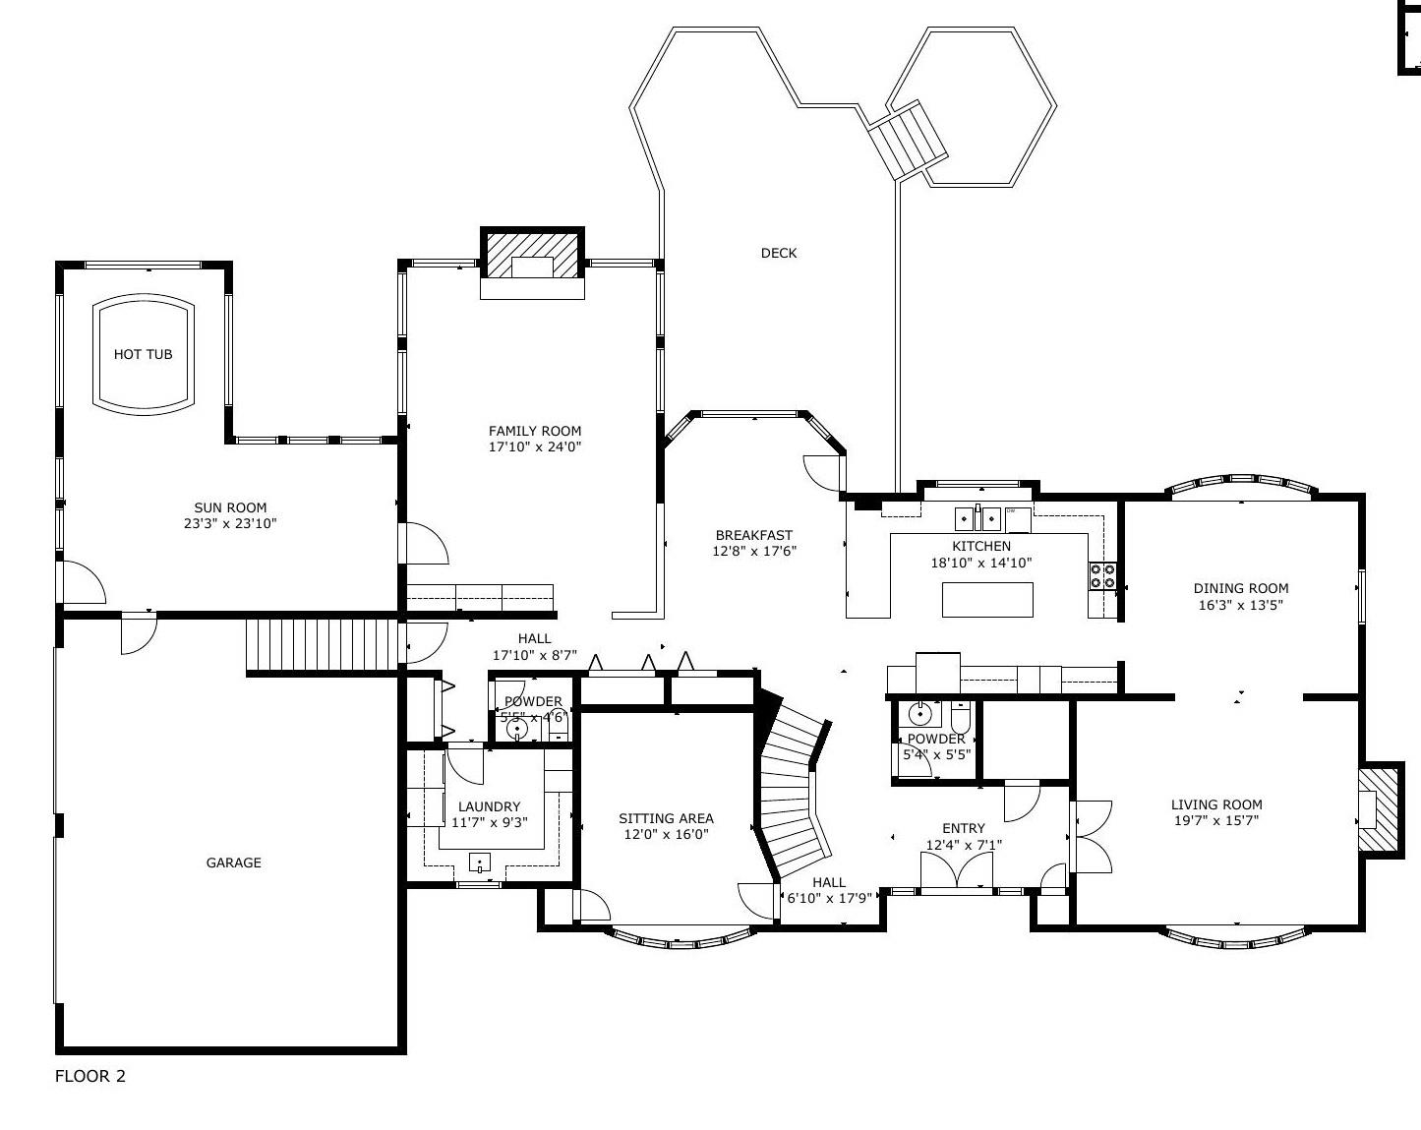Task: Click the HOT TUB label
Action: click(x=143, y=354)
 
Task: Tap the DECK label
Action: click(x=779, y=253)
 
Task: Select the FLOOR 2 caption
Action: click(x=89, y=1076)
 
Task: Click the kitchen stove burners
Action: click(x=1102, y=576)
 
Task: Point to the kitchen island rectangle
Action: click(x=987, y=600)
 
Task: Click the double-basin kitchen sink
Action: click(x=977, y=518)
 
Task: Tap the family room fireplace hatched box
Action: click(x=532, y=255)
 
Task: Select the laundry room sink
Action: click(x=479, y=862)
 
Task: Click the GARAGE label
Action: click(x=234, y=862)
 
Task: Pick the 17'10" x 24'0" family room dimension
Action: click(x=535, y=447)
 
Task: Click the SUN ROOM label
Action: click(x=230, y=507)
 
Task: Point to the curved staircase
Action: click(x=793, y=786)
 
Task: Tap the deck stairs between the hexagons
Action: click(x=908, y=140)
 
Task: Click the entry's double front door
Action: click(x=957, y=870)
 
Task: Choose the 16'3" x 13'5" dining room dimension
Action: click(x=1241, y=605)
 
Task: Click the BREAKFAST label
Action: click(x=754, y=535)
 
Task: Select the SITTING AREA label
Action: click(x=667, y=818)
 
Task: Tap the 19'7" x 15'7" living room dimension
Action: click(x=1216, y=821)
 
